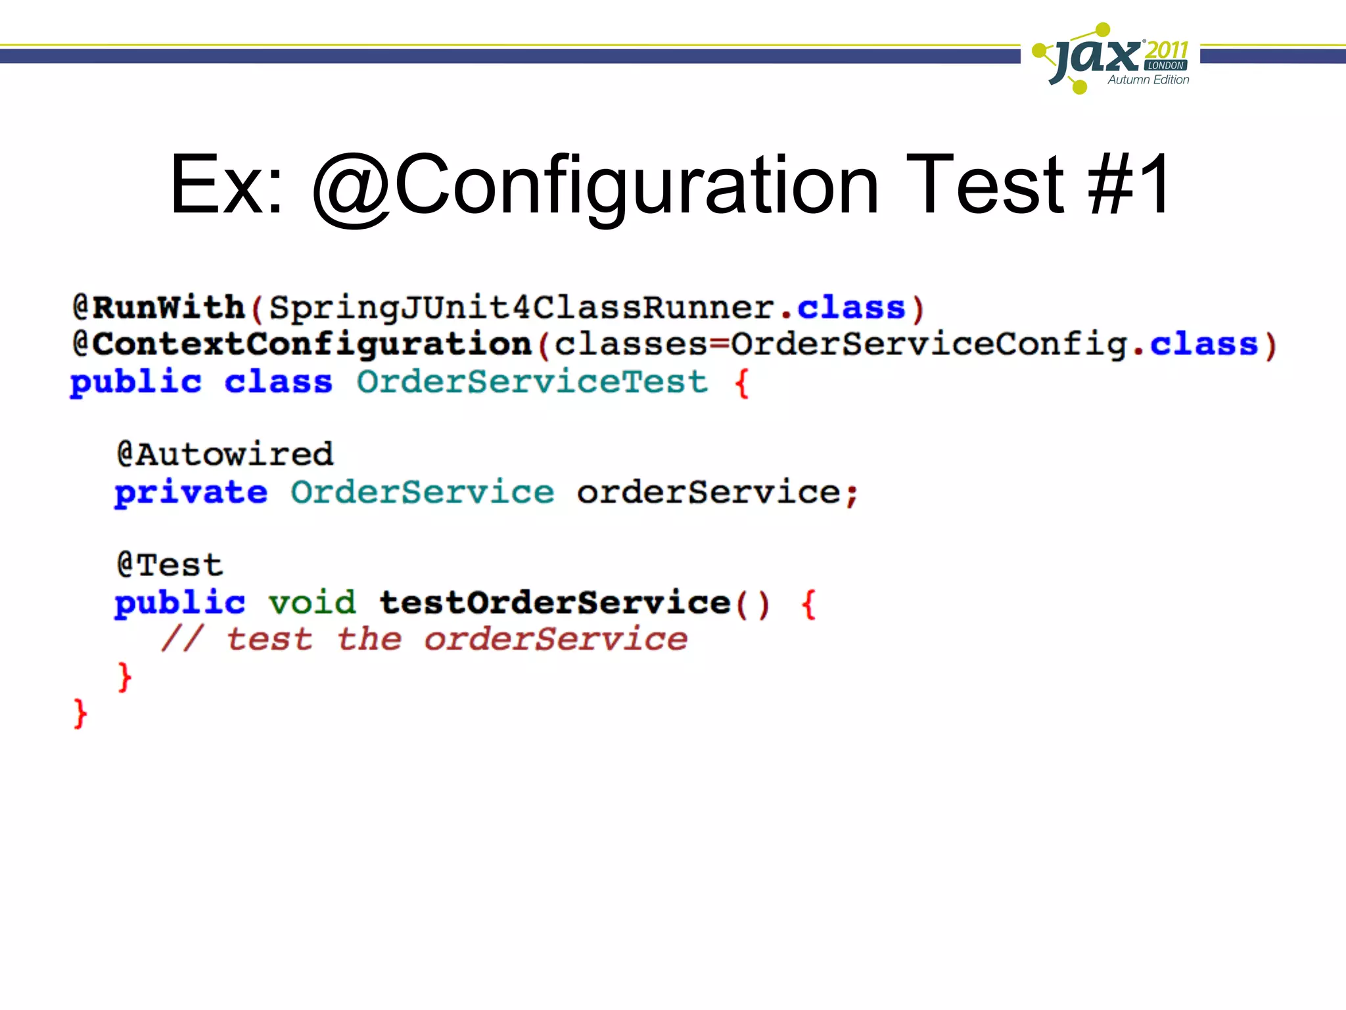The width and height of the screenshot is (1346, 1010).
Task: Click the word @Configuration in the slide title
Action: tap(595, 185)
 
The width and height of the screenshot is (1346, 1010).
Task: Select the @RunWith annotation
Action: tap(158, 308)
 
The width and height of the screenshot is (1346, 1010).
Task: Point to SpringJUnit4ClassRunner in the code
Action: tap(522, 308)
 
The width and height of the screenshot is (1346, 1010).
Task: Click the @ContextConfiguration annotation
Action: tap(302, 345)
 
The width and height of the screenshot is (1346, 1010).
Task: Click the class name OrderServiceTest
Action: tap(532, 382)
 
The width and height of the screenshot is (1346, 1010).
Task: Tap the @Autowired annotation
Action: tap(225, 454)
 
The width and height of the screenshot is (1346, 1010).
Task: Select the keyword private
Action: tap(191, 493)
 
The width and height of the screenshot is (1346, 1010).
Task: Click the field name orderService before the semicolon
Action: tap(708, 493)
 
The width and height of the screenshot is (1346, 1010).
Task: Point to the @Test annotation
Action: tap(170, 565)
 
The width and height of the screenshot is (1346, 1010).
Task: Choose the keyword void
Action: tap(312, 602)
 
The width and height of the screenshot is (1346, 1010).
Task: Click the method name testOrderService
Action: tap(555, 602)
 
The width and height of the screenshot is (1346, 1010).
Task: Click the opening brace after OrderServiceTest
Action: tap(741, 383)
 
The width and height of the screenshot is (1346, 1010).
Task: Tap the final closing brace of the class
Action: tap(80, 714)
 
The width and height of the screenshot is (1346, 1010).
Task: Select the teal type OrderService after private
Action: tap(422, 493)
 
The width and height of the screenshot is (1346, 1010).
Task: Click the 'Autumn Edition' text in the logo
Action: tap(1148, 80)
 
